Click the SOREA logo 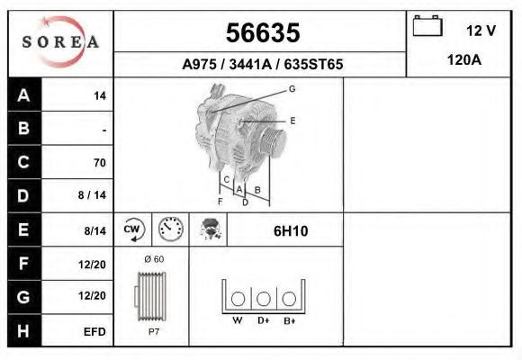[60, 41]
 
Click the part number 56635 [263, 32]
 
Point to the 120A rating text [463, 60]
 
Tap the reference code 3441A [250, 64]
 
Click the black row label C [24, 162]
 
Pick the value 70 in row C [100, 163]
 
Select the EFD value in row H [94, 332]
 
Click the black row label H [24, 330]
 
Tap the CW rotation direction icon [133, 229]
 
